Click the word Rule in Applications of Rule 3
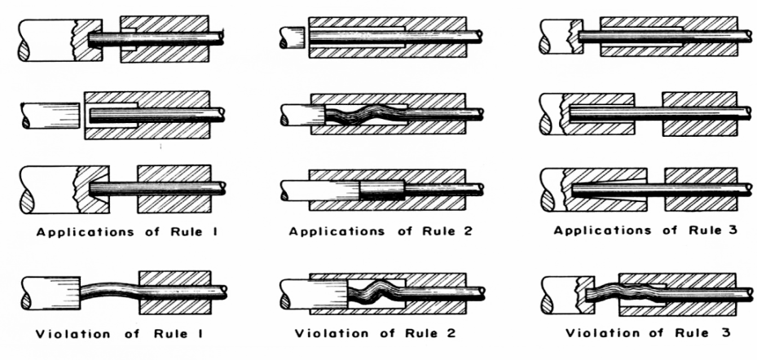tap(695, 231)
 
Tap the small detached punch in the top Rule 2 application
tap(291, 35)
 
